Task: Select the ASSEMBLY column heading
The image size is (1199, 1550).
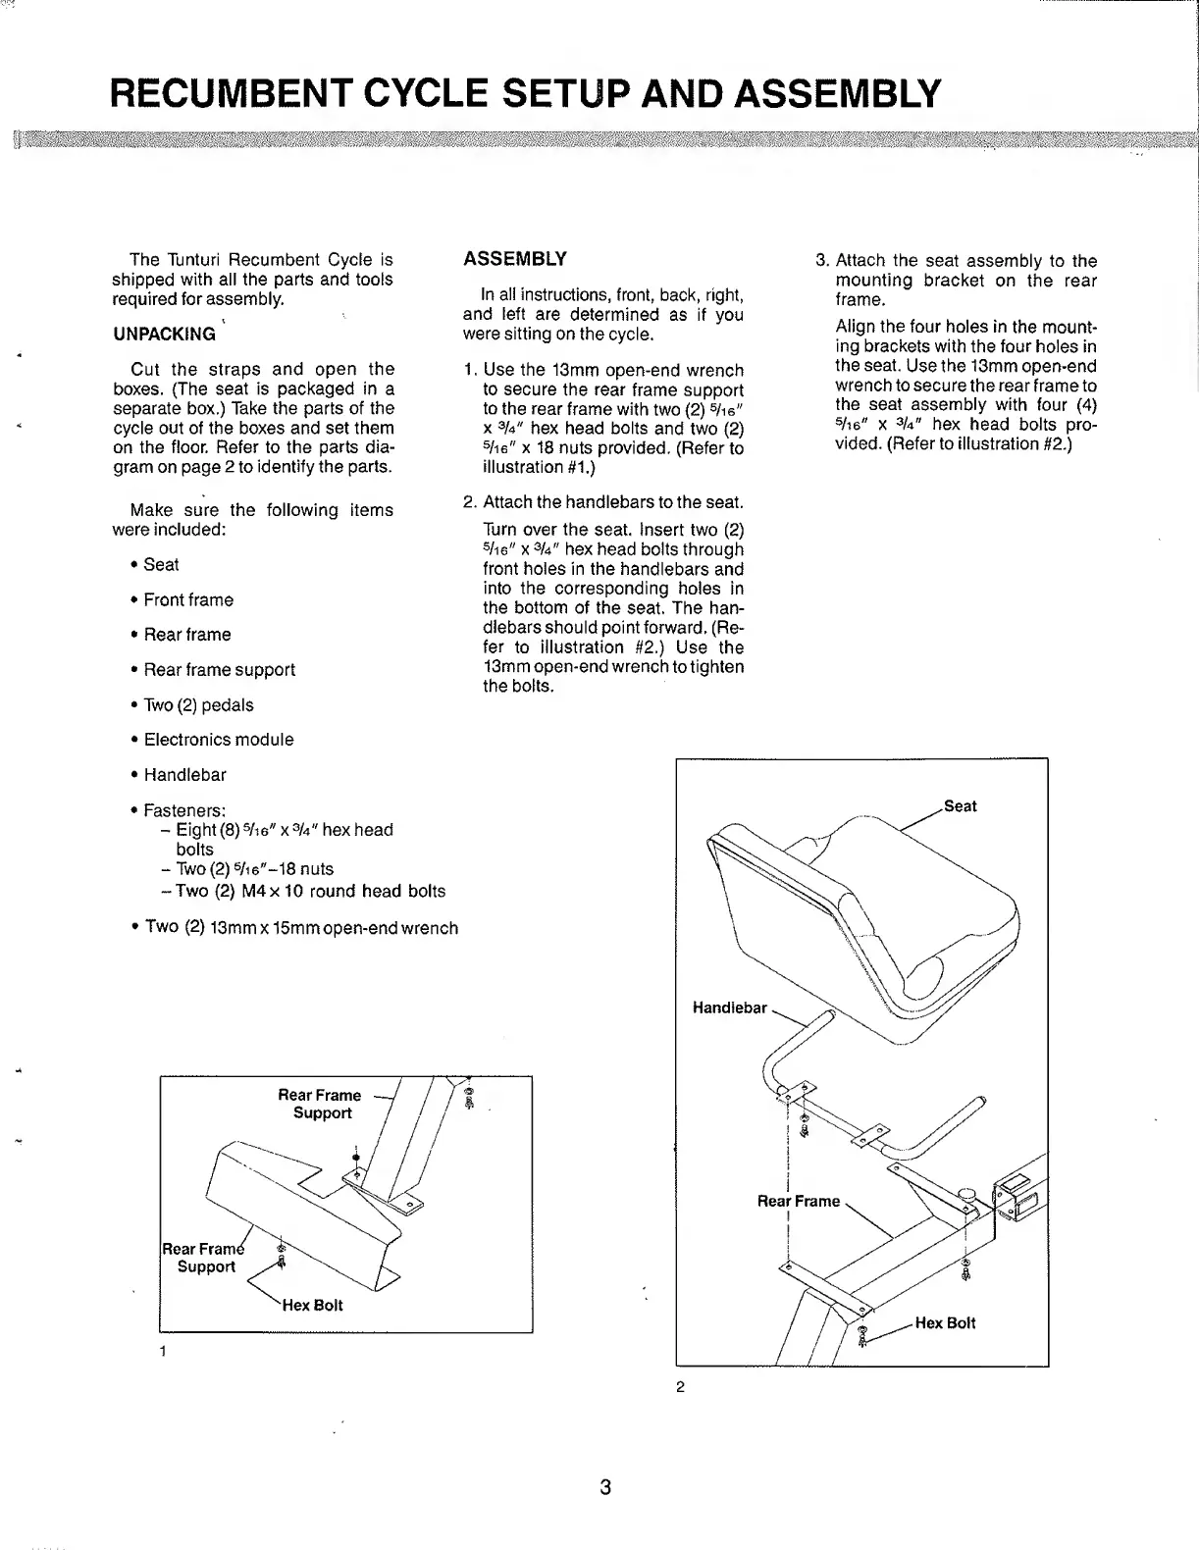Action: (x=514, y=259)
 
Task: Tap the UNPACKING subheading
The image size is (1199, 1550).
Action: (x=164, y=334)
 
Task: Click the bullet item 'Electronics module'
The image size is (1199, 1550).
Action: (x=218, y=740)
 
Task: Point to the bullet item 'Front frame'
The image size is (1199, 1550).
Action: (x=188, y=599)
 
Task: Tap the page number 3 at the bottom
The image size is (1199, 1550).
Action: (x=605, y=1487)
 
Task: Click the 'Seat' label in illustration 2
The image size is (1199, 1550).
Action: (x=960, y=806)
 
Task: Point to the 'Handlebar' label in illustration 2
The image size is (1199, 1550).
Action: (x=730, y=1007)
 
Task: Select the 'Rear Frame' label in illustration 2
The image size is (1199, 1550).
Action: (x=799, y=1201)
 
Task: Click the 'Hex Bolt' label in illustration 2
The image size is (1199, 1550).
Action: (x=945, y=1322)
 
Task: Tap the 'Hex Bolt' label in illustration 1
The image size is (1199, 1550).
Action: (x=312, y=1306)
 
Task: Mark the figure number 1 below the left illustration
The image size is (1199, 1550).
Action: (x=162, y=1353)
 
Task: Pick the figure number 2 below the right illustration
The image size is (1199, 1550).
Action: (x=679, y=1387)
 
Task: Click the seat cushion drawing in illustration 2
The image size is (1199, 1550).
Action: (x=863, y=912)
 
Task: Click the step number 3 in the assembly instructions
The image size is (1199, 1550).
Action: (x=822, y=261)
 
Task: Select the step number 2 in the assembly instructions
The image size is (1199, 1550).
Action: (x=469, y=502)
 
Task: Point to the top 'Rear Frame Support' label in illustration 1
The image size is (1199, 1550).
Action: (x=320, y=1104)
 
